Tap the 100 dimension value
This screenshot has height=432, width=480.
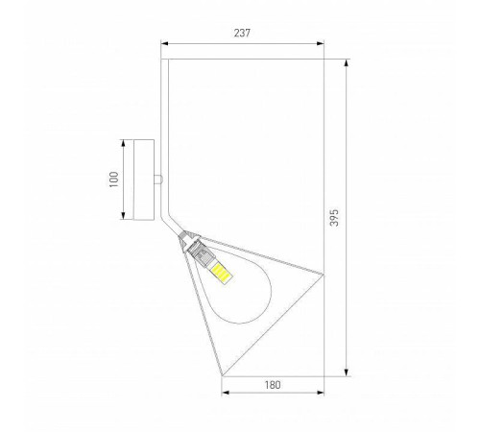(113, 179)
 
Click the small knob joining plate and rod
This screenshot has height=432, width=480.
(160, 179)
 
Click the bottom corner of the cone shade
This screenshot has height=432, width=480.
(224, 374)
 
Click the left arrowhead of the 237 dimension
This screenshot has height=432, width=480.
(164, 43)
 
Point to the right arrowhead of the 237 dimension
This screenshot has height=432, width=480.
(322, 43)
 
